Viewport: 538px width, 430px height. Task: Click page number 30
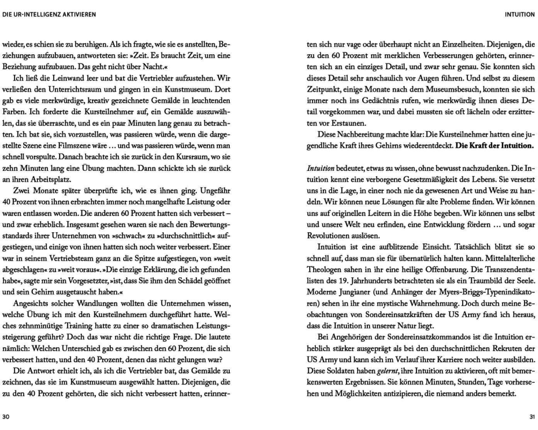tap(6, 417)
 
